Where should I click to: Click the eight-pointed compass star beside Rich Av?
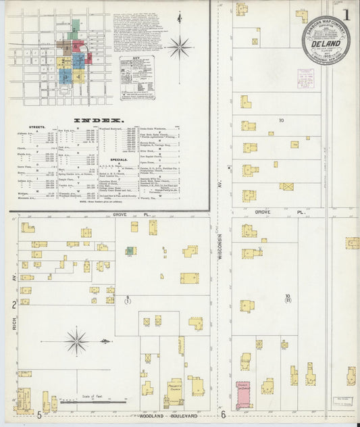coord(76,341)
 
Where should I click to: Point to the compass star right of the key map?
coord(179,47)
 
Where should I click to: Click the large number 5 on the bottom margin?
coord(40,416)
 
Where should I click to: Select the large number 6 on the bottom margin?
coord(222,416)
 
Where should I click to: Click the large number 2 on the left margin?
coord(14,305)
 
